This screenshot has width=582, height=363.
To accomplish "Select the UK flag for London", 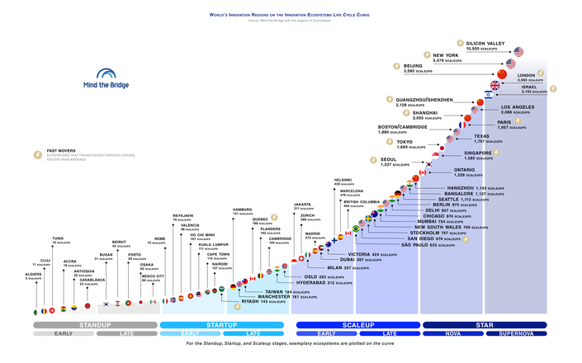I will [495, 85].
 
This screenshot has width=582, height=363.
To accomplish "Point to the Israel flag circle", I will [489, 96].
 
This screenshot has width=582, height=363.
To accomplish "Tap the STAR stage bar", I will [485, 325].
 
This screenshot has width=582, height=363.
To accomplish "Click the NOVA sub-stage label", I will [452, 333].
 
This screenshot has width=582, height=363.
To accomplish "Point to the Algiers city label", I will [33, 274].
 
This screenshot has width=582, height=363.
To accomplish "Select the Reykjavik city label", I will [182, 215].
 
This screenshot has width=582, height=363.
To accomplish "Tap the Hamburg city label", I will [242, 210].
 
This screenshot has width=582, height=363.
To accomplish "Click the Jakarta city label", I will [302, 204].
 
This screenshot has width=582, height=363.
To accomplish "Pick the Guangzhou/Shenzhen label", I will [423, 100].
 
